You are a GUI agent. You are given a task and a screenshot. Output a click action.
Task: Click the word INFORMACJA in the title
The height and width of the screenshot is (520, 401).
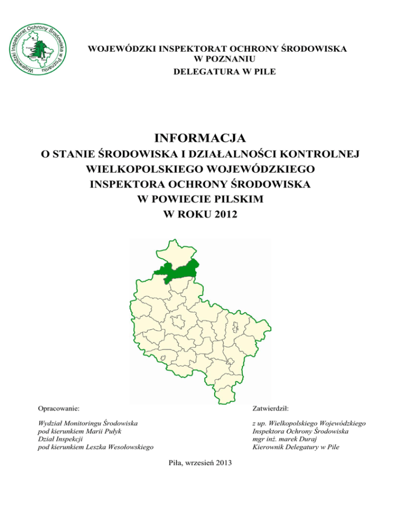pyautogui.click(x=200, y=139)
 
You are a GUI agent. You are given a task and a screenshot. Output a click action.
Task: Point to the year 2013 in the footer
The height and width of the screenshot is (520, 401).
pyautogui.click(x=225, y=463)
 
